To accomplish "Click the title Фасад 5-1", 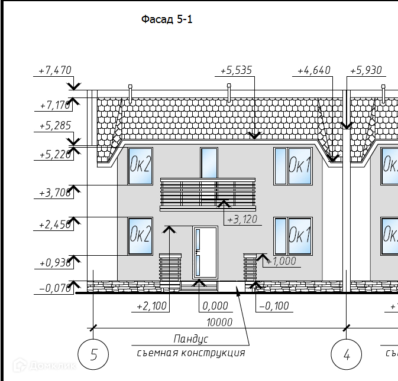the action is click(x=167, y=19).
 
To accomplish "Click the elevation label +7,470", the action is click(x=54, y=70).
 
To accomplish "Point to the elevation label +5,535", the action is click(x=236, y=70).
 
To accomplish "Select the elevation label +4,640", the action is click(x=313, y=70).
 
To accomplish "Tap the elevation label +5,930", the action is click(x=365, y=70).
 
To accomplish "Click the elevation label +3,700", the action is click(x=54, y=193).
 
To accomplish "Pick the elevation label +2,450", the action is click(x=54, y=225).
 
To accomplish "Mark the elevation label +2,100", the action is click(x=152, y=307).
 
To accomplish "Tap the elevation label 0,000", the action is click(x=215, y=307).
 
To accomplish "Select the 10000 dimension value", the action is click(x=219, y=323).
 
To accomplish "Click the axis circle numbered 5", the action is click(x=93, y=355).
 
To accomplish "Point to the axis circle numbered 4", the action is click(x=347, y=355).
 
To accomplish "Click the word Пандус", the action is click(x=190, y=339).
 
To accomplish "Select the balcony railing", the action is click(x=208, y=194).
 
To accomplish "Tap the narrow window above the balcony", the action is click(x=209, y=162).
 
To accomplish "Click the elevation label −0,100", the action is click(x=274, y=307).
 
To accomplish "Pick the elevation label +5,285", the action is click(x=54, y=126).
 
